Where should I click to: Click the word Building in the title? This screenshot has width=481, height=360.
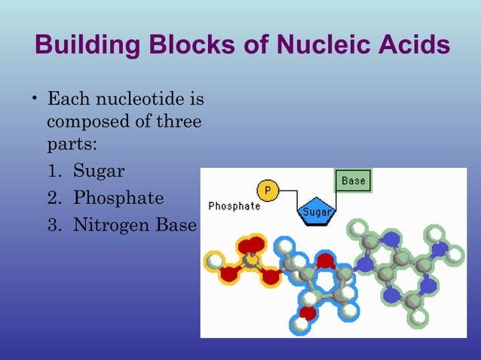click(82, 46)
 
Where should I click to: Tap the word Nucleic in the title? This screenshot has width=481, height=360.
click(317, 46)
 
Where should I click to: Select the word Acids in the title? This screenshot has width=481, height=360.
click(410, 46)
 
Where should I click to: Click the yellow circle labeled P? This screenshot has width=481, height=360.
click(268, 191)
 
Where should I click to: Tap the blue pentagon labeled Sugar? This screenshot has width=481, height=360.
click(316, 212)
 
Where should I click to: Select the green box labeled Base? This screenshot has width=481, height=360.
click(353, 182)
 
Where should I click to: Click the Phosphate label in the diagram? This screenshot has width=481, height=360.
click(234, 206)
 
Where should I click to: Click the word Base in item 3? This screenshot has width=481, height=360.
click(179, 225)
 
